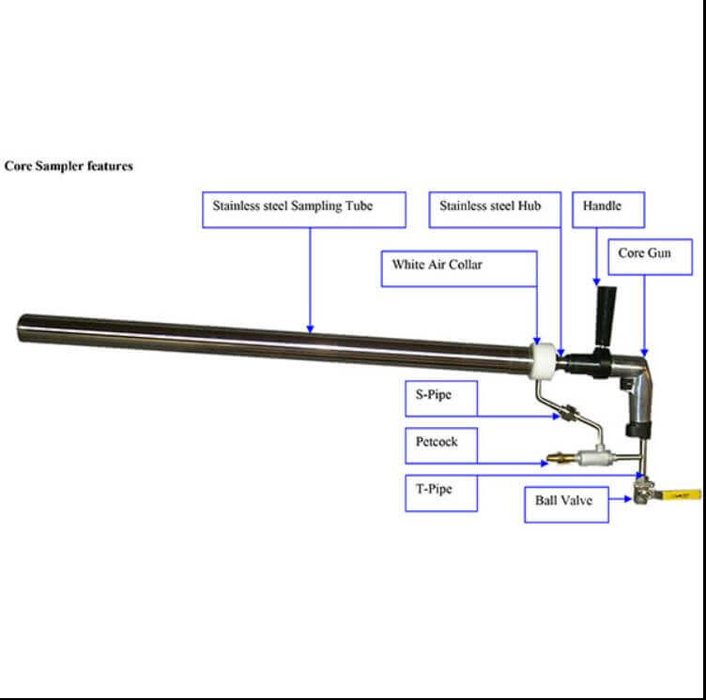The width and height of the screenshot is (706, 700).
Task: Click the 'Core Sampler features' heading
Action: point(69,166)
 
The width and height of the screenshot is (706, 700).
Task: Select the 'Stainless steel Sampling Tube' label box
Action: point(303,209)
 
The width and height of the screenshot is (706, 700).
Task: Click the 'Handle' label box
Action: point(608,209)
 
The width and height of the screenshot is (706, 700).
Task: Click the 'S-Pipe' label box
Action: point(440,398)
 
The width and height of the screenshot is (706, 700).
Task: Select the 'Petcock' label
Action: point(440,445)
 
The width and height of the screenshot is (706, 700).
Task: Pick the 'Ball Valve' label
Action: point(564,502)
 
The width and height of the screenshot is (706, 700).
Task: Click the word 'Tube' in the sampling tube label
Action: point(358,205)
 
